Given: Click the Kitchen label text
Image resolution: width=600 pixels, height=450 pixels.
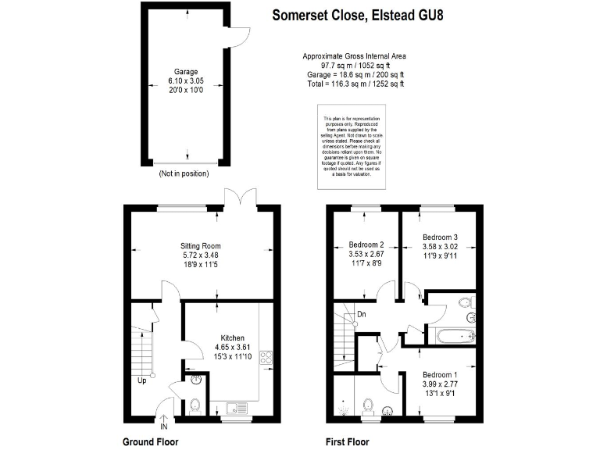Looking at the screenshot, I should pos(233,338).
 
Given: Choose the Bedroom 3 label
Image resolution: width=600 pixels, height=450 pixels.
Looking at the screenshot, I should pos(440,237).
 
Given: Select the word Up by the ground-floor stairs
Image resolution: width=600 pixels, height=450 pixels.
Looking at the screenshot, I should pos(142,382).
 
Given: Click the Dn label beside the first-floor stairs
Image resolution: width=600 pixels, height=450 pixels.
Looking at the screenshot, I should pos(361,315).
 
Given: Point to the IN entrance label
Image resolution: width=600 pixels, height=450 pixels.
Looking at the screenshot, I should pos(163,427).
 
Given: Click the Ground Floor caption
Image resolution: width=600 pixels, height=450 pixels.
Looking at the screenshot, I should pos(151,441).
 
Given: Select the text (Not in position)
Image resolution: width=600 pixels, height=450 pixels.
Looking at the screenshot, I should pos(185,173).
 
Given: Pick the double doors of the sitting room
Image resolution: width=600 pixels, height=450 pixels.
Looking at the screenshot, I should pos(237,198).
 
